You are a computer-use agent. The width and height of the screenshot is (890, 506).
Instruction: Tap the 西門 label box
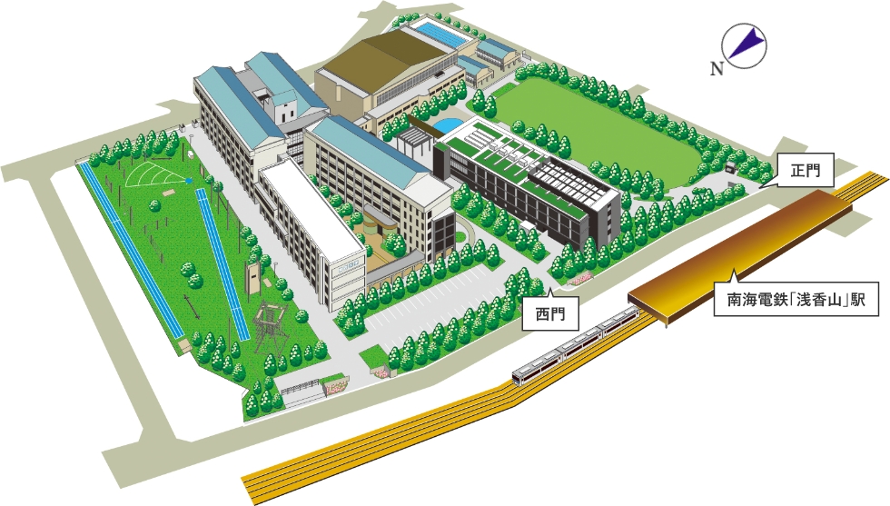[x=549, y=313]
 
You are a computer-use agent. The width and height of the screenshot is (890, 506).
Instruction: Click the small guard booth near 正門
[x=732, y=166]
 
